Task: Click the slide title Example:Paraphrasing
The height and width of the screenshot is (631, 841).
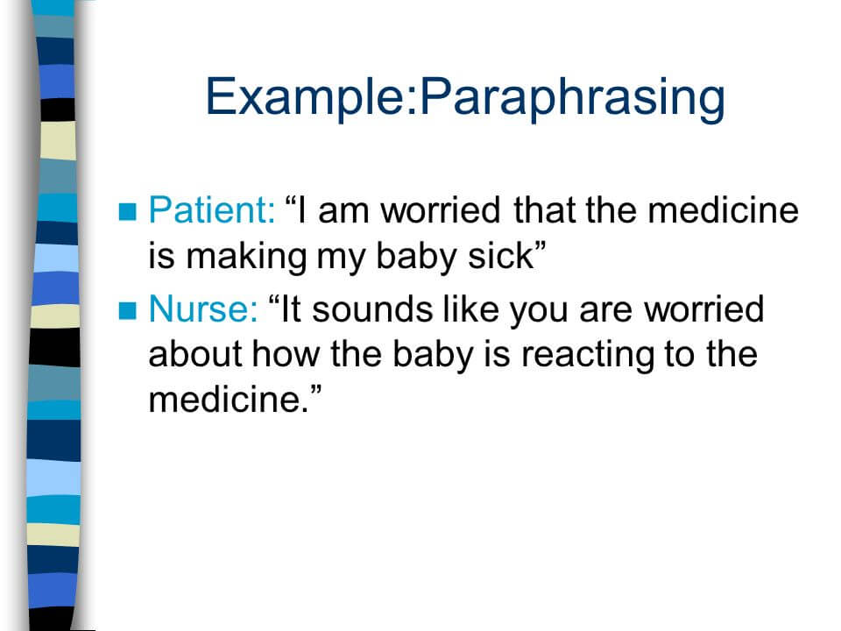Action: (x=465, y=97)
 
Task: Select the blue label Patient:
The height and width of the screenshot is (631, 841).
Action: (x=212, y=209)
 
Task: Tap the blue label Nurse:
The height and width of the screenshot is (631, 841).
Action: (x=203, y=309)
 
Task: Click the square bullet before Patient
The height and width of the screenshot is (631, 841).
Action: (x=128, y=211)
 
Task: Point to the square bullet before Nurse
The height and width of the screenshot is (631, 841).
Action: (x=128, y=310)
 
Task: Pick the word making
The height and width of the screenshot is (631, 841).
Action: (x=246, y=258)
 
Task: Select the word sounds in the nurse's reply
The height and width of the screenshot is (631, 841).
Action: (x=371, y=309)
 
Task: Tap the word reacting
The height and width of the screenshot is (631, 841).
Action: (x=588, y=356)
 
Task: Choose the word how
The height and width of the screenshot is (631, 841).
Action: (x=286, y=355)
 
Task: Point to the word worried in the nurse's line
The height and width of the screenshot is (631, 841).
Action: (x=703, y=309)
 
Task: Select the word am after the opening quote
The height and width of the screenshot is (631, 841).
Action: (x=343, y=212)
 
